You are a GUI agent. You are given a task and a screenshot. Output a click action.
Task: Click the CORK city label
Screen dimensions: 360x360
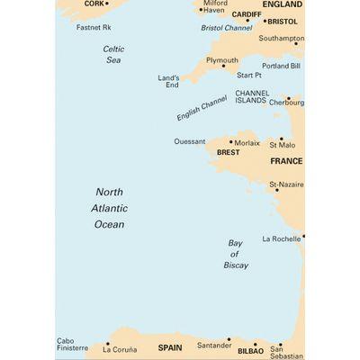tap(94, 4)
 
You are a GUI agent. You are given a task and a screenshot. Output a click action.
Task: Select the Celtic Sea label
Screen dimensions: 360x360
tap(112, 54)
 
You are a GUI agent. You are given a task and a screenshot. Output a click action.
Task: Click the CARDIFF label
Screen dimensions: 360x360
tap(246, 15)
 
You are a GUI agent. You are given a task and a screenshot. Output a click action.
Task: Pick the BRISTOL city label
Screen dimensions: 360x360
tap(282, 20)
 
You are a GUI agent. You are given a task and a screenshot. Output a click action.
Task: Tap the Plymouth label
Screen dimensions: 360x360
tap(222, 60)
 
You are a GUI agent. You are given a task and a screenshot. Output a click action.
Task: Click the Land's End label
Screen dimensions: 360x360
tap(169, 82)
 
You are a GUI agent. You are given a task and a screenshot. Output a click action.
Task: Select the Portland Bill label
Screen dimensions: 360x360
tap(281, 67)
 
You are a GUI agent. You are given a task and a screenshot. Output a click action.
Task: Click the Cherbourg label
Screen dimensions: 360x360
tap(285, 103)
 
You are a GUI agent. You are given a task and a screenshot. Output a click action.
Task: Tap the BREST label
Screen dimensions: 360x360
tap(229, 154)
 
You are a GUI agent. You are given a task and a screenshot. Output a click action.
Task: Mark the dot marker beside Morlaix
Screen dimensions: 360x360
tap(231, 141)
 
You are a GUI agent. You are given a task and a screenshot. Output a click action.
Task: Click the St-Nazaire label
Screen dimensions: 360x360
tap(286, 184)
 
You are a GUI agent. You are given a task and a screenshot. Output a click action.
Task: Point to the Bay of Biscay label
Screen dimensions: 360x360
tap(237, 255)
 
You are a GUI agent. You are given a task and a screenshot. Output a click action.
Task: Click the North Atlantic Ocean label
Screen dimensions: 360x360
tap(110, 208)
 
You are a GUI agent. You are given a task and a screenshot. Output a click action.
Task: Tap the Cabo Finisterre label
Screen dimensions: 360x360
tap(73, 344)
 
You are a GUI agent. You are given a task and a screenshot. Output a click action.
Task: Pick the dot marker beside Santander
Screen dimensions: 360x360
tap(229, 339)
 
